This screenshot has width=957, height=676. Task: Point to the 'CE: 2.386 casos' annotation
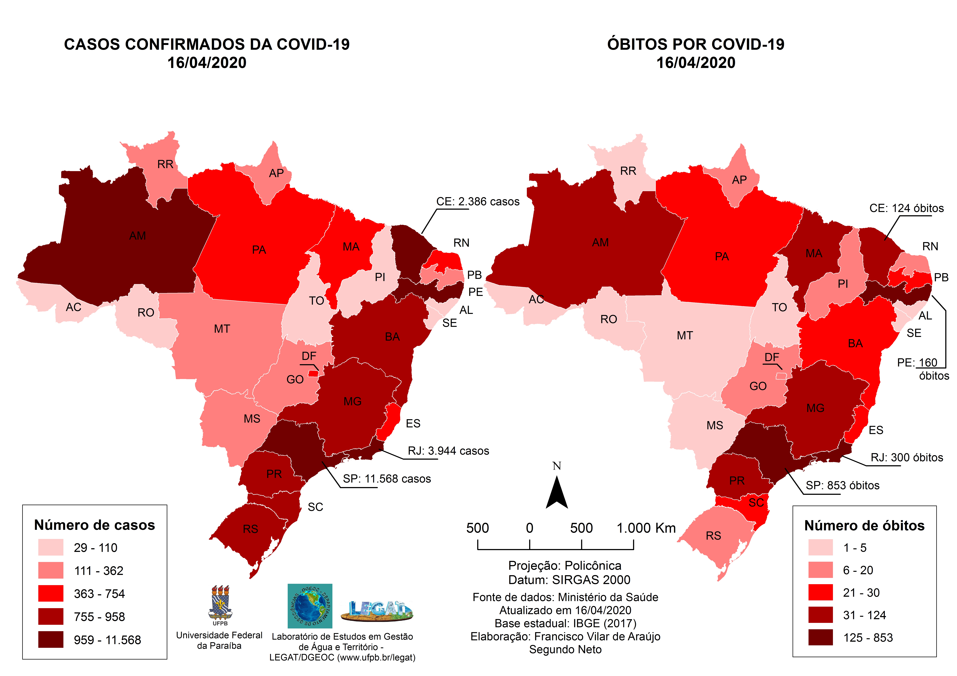click(478, 202)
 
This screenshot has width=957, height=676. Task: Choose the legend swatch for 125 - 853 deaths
click(820, 637)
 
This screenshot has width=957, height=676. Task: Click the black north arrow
click(557, 494)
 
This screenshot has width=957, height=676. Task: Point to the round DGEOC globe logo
click(310, 606)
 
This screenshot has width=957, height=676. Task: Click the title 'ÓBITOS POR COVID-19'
click(696, 44)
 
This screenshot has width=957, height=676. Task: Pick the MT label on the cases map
click(222, 329)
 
